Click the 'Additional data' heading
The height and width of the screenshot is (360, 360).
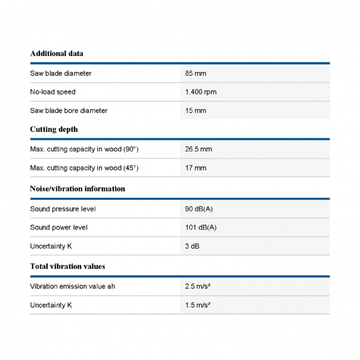click(x=57, y=54)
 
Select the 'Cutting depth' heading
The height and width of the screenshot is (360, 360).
click(x=54, y=129)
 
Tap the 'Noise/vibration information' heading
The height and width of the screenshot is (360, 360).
click(x=77, y=189)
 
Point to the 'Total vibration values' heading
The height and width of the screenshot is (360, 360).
click(x=67, y=266)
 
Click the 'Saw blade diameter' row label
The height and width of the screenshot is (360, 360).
click(x=61, y=73)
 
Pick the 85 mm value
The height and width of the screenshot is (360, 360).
click(x=195, y=73)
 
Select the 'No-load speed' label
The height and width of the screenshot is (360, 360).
click(x=53, y=92)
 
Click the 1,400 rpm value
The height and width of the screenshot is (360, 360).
click(x=201, y=92)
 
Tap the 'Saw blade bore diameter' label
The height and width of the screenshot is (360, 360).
click(x=69, y=111)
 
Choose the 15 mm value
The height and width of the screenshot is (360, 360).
click(x=195, y=111)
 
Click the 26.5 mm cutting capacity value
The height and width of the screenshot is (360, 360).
click(x=198, y=149)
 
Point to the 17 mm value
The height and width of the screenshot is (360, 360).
click(x=195, y=168)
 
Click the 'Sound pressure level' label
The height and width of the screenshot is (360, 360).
click(x=63, y=209)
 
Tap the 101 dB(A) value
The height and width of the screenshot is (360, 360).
click(x=201, y=228)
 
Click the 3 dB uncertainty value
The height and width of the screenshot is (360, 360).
click(x=193, y=246)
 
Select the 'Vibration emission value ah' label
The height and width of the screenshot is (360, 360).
click(x=73, y=287)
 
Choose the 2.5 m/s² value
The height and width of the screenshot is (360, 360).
click(x=198, y=287)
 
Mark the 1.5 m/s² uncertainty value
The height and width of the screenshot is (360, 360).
click(x=198, y=305)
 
